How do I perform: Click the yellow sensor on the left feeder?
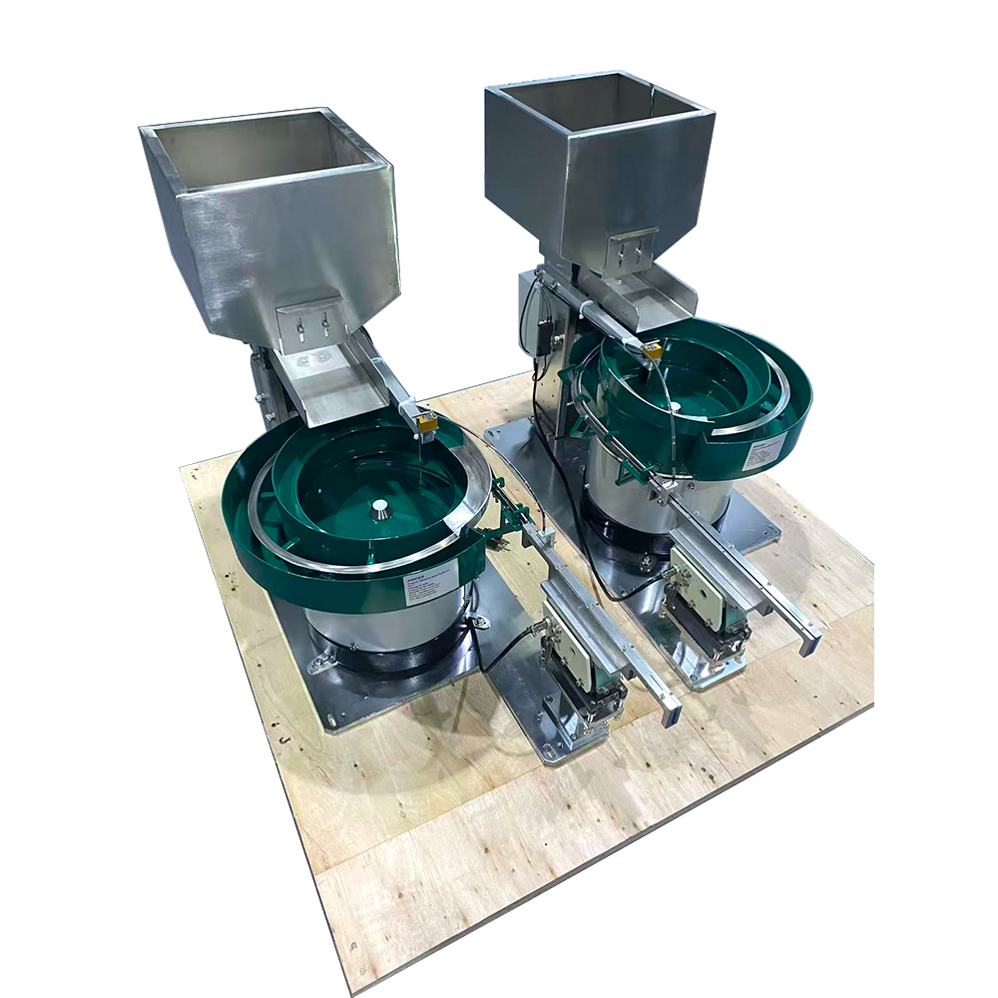tap(427, 423)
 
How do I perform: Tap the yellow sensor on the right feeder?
tap(652, 350)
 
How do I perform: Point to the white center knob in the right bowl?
tap(676, 406)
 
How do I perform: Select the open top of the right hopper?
tap(597, 103)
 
